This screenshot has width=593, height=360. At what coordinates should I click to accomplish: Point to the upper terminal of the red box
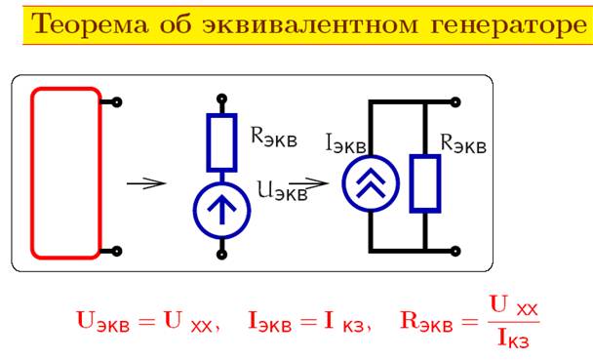(118, 101)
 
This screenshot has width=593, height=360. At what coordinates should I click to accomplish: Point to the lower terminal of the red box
(118, 251)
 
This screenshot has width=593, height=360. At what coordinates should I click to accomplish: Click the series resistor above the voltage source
(222, 142)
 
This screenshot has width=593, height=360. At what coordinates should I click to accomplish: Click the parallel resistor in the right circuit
(425, 182)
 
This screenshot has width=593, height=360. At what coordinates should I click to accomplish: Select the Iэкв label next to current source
(345, 143)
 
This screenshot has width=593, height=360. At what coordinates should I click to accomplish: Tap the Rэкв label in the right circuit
(463, 143)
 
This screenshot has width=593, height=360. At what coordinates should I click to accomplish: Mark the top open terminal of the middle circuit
(222, 99)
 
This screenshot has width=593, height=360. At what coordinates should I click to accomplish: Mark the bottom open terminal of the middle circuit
(222, 256)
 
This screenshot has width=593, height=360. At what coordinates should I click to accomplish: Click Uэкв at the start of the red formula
(105, 320)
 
